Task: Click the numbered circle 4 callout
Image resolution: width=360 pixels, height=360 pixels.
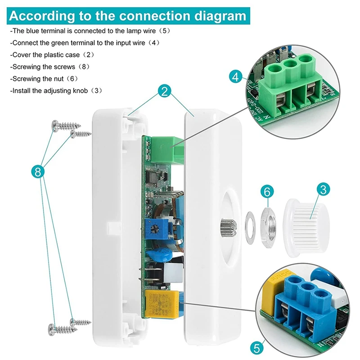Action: click(235, 76)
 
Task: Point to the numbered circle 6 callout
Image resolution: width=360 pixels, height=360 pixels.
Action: click(267, 192)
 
